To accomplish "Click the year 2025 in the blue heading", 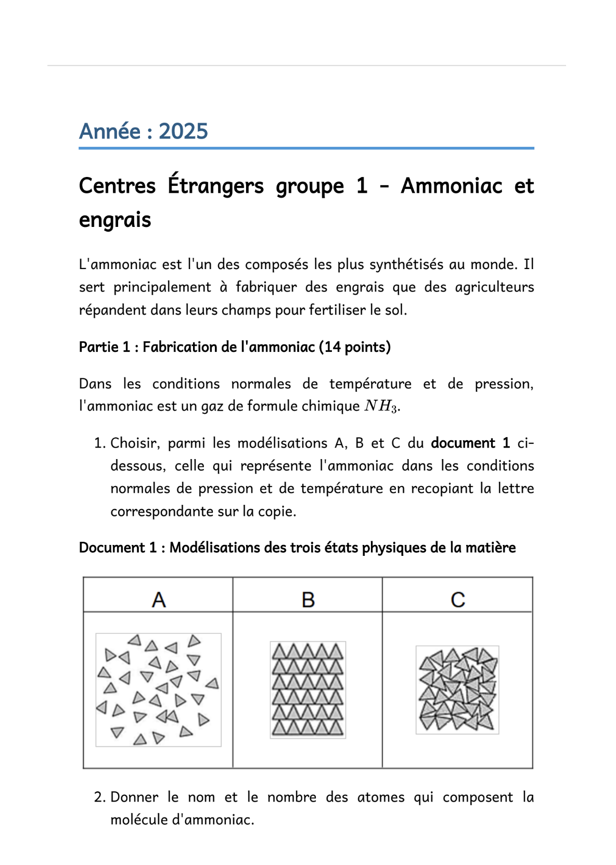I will [x=183, y=131].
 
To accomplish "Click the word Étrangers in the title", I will [x=215, y=186].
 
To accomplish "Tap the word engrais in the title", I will [x=115, y=220].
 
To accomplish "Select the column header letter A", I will [x=159, y=600].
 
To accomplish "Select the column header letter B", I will [x=308, y=600].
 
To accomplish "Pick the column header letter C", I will [x=458, y=600].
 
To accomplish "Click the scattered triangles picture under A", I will [x=158, y=690].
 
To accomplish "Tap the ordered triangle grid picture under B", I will [x=308, y=690].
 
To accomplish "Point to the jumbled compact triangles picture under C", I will [x=457, y=690].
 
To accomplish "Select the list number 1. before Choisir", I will [x=100, y=443].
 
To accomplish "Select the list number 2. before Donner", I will [x=100, y=797].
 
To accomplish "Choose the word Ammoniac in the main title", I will [x=451, y=186].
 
